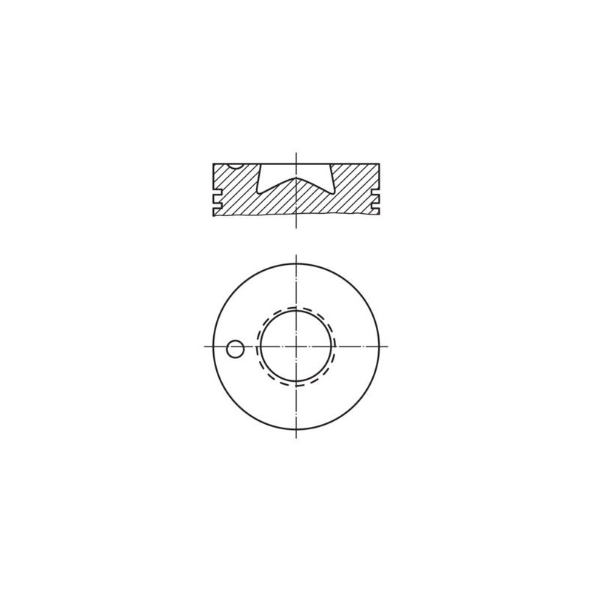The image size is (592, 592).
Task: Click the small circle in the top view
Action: pos(235,348)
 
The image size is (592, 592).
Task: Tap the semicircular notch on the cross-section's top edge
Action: pos(235,165)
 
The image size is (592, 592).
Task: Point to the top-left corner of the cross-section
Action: pos(213,163)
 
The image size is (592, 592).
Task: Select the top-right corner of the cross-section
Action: pos(379,163)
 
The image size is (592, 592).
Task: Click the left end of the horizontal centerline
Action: pos(203,346)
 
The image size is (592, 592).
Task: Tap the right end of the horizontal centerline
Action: pos(388,346)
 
